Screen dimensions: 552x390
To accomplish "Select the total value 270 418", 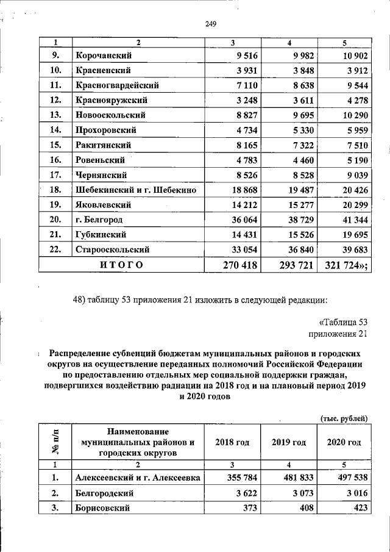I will pyautogui.click(x=238, y=264).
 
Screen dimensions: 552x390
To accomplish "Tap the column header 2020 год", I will pyautogui.click(x=344, y=442).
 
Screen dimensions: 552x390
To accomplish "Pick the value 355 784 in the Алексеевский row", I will pyautogui.click(x=238, y=478).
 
